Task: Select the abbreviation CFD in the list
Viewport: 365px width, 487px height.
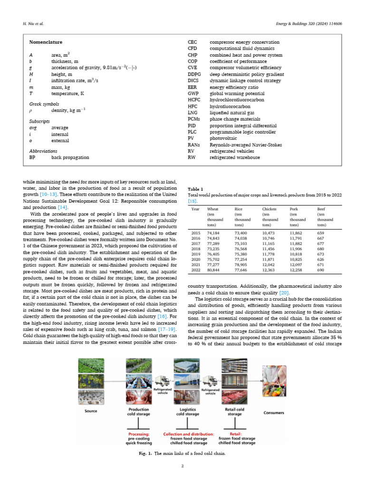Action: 192,49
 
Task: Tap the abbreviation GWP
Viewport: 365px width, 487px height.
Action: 193,94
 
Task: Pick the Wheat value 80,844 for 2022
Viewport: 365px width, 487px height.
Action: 214,270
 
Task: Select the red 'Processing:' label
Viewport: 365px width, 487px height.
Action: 140,434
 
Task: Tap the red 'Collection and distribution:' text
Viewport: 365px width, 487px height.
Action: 188,434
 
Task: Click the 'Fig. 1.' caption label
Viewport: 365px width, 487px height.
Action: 144,453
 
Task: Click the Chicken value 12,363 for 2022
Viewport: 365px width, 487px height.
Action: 269,270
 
